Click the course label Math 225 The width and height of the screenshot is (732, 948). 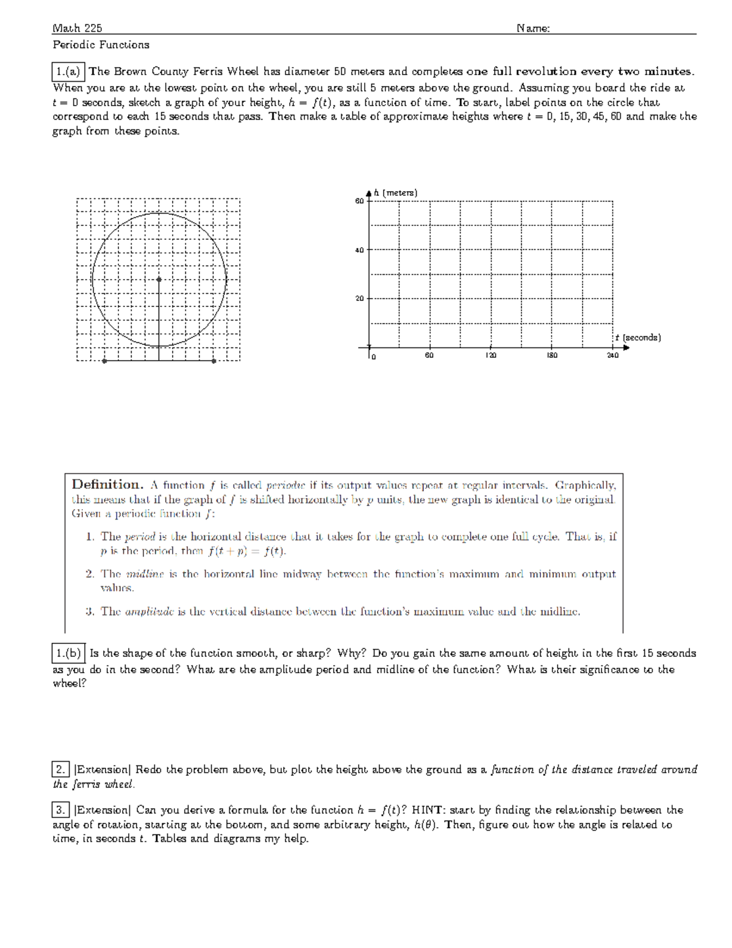coord(77,28)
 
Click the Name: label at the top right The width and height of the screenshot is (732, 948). coord(533,28)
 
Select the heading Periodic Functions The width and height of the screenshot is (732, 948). coord(101,45)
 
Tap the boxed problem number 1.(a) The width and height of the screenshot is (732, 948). coord(68,71)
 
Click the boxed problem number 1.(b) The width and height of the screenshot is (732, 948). coord(68,653)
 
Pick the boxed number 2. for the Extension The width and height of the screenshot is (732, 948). coord(60,769)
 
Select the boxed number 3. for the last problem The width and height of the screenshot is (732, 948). coord(60,810)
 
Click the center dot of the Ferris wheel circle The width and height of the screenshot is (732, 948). coord(159,279)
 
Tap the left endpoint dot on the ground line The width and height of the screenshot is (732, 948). coord(105,361)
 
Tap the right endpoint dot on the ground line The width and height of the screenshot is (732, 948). coord(213,361)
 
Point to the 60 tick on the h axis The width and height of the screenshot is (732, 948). coord(359,201)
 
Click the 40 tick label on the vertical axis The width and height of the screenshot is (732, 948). coord(359,250)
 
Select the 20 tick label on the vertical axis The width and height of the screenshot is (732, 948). coord(359,299)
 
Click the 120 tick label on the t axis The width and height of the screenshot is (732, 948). coord(491,355)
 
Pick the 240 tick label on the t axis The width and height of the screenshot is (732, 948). coord(612,355)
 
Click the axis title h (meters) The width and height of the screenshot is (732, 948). coord(396,193)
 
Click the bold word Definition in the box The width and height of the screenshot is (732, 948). coord(107,485)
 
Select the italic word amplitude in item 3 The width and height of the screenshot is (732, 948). coord(149,611)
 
